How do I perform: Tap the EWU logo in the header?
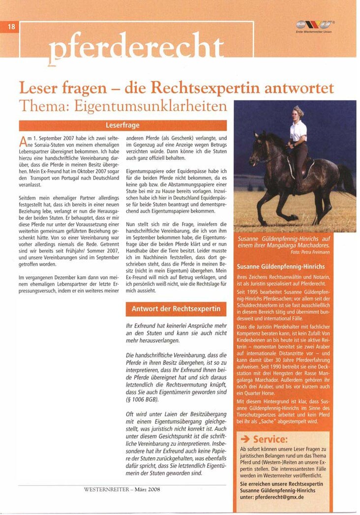click(x=315, y=25)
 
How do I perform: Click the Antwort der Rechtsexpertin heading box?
click(x=176, y=309)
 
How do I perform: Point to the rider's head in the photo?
click(x=299, y=112)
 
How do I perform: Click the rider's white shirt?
click(x=298, y=131)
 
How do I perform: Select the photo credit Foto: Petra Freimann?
click(x=311, y=251)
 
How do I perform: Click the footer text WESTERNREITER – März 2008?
click(x=122, y=489)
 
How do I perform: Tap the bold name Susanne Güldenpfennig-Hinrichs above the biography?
click(x=280, y=267)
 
